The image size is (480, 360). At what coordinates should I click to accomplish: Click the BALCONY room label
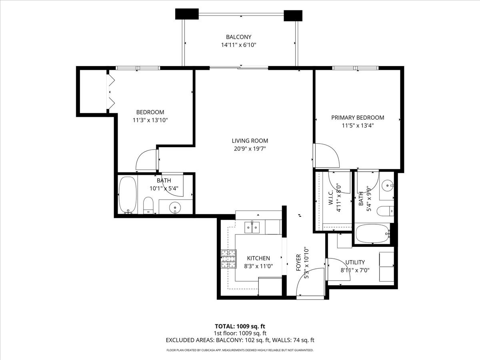(x=238, y=37)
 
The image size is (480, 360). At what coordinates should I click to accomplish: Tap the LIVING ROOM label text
(x=250, y=141)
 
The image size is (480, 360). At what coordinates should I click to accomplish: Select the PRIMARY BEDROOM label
(x=358, y=118)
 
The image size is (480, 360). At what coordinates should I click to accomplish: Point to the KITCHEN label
(x=258, y=258)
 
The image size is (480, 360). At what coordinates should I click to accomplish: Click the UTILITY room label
(x=355, y=262)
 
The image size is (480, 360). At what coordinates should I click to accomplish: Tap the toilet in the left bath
(x=148, y=205)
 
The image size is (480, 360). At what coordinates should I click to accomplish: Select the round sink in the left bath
(x=175, y=208)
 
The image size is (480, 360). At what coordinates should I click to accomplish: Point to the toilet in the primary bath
(x=387, y=211)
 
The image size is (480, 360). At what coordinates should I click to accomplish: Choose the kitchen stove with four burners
(x=228, y=259)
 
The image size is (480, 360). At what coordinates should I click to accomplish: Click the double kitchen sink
(x=252, y=228)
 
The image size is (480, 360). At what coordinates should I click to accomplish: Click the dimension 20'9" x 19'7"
(x=250, y=149)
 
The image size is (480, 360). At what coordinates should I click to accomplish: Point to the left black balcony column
(x=187, y=14)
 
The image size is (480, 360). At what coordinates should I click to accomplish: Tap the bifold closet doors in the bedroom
(x=110, y=91)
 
